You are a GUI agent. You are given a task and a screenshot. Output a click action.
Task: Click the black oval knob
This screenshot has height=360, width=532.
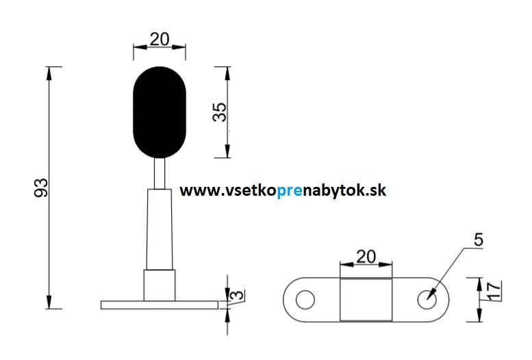point(160,112)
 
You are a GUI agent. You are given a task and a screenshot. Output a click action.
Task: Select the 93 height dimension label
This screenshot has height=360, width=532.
point(41,188)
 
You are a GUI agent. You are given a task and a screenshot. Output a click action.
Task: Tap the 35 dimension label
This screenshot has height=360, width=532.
point(220,112)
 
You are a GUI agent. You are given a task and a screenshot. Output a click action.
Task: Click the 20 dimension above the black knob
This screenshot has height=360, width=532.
point(160,40)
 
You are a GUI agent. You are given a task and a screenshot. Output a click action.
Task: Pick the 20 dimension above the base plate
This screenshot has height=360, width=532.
point(366,257)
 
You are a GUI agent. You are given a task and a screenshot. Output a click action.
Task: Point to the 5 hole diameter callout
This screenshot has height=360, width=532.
point(478,240)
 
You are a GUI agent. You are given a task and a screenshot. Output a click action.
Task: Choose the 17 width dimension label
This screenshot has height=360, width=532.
point(494,291)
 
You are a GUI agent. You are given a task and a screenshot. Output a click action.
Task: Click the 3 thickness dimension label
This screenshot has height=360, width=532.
point(237,295)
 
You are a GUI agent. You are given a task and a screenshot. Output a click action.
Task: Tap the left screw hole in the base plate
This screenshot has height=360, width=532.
point(305,300)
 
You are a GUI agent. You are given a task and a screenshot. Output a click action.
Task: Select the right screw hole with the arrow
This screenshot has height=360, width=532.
point(427,300)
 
